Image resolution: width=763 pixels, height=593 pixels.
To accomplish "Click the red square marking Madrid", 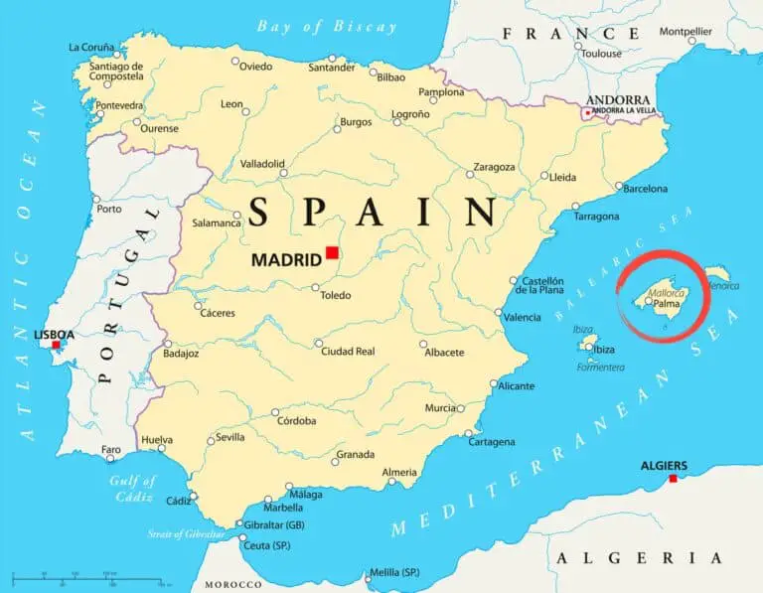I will click(332, 252).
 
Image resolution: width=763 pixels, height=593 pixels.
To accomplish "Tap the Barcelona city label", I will click(645, 188).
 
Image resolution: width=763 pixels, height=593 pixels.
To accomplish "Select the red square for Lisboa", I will click(56, 345).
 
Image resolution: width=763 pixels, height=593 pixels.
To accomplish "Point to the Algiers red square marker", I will click(673, 479).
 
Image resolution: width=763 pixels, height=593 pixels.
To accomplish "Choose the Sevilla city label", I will click(230, 437).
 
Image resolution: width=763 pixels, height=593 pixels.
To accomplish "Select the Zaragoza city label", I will click(494, 167).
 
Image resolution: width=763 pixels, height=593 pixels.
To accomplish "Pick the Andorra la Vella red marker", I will click(587, 113).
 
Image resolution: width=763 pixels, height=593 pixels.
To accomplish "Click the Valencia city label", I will click(522, 317).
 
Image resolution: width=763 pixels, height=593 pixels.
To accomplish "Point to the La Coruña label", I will click(91, 47).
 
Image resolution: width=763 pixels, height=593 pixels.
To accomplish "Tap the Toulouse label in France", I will click(601, 54).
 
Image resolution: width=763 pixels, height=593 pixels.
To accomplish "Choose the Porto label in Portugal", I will click(109, 209).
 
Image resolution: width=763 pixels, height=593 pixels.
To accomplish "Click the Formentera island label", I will click(600, 368).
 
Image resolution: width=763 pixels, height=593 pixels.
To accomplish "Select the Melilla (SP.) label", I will click(394, 573).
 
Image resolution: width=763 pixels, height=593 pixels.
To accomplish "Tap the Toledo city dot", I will click(316, 288).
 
